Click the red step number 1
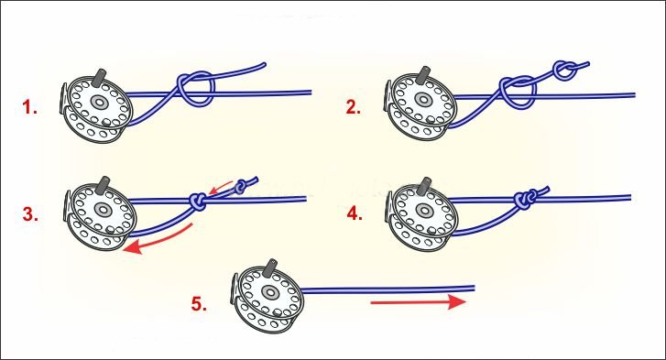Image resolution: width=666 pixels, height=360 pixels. [x=29, y=107]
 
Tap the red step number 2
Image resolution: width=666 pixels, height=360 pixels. [x=354, y=106]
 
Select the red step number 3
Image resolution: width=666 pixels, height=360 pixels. [x=30, y=214]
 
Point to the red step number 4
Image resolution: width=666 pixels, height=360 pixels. [x=355, y=213]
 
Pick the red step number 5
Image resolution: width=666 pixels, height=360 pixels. [x=199, y=304]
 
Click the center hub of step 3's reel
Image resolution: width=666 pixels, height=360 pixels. [x=102, y=209]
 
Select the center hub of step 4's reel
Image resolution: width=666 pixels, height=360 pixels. [x=424, y=209]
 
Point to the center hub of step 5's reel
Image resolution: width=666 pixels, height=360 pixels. [x=268, y=292]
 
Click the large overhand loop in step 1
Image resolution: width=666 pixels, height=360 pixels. [x=195, y=89]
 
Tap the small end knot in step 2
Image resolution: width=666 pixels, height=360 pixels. [x=565, y=70]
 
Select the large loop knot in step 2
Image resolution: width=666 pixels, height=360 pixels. [x=518, y=93]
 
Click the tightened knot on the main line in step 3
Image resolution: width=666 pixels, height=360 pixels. [x=198, y=202]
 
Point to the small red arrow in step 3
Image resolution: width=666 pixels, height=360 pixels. [x=221, y=188]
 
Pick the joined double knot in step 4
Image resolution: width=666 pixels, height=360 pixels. [x=526, y=199]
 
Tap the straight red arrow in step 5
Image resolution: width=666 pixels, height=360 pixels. [x=419, y=302]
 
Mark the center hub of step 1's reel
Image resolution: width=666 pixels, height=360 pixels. [x=99, y=102]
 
